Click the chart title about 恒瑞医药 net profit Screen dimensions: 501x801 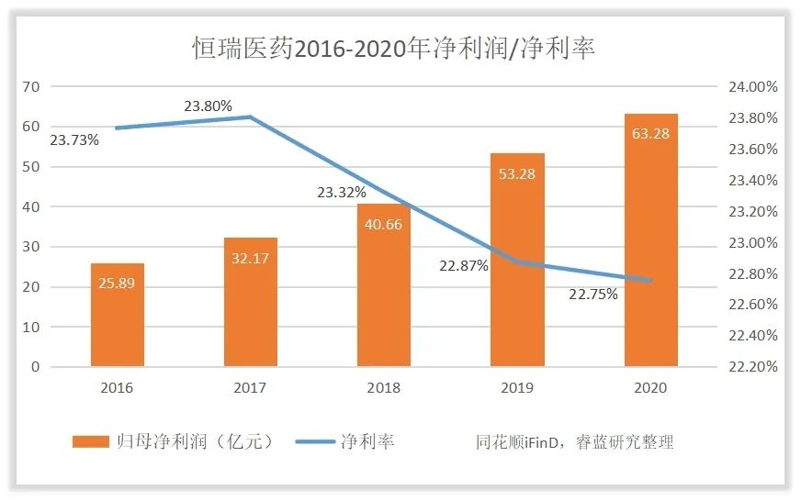point(393,48)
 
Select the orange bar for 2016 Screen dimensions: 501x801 point(118,314)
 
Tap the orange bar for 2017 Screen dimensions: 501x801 point(251,302)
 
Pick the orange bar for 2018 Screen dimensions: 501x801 point(384,284)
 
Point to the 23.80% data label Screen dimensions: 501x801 point(208,106)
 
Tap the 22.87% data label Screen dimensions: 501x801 point(464,265)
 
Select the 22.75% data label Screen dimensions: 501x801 point(593,295)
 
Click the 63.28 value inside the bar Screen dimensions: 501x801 point(650,134)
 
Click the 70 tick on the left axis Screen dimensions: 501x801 point(32,86)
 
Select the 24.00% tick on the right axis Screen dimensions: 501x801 point(753,87)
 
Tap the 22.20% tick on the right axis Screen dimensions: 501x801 point(753,366)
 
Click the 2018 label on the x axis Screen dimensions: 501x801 point(384,388)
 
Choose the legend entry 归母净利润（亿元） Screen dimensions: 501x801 point(175,442)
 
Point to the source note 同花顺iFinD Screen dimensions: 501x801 point(542,442)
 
